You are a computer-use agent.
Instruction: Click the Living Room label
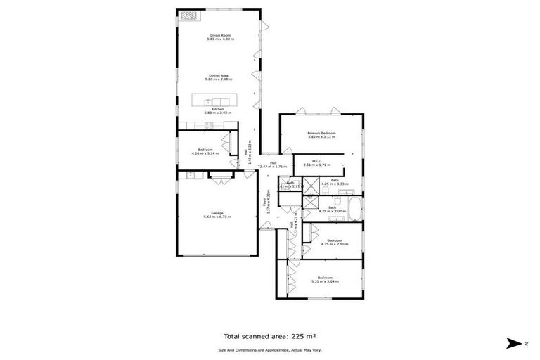tap(219, 35)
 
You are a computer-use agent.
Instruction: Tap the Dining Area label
tap(219, 75)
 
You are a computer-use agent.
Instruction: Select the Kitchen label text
tap(219, 110)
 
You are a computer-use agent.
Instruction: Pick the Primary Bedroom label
tap(321, 133)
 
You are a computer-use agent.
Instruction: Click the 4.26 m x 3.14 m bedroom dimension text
tap(205, 153)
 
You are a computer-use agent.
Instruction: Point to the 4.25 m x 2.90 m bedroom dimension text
tap(335, 243)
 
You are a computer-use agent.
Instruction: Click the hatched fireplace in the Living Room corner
tap(189, 15)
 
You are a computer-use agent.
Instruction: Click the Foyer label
tap(266, 200)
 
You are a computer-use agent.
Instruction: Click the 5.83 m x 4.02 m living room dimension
tap(219, 39)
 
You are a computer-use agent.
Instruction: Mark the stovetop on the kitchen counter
tap(208, 126)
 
